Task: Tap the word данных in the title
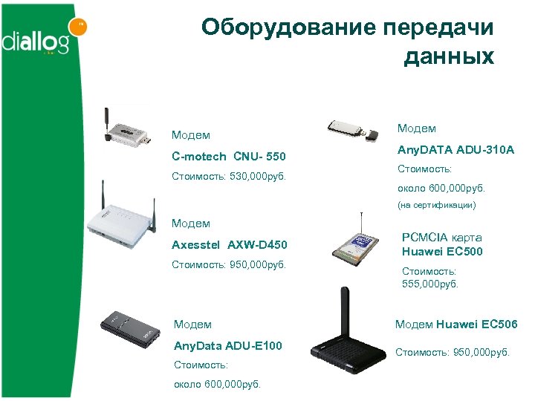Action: click(x=449, y=56)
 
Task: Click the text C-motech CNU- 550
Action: click(x=228, y=157)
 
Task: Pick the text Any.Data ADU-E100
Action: click(x=227, y=345)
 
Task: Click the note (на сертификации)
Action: click(x=435, y=204)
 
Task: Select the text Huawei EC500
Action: click(x=442, y=251)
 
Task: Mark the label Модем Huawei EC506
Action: click(x=456, y=324)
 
